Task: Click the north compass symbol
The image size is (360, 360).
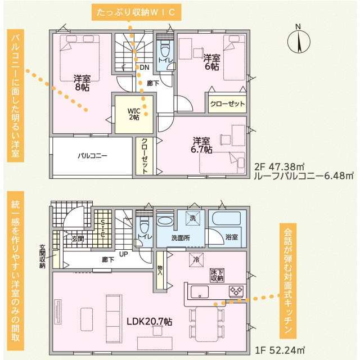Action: [299, 40]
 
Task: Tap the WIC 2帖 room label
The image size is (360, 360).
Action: [134, 114]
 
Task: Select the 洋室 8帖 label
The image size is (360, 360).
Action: [82, 83]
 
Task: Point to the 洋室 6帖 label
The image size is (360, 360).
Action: [211, 62]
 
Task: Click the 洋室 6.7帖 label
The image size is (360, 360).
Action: [201, 145]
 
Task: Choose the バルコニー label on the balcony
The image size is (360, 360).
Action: [92, 156]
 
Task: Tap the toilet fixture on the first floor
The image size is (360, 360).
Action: [144, 224]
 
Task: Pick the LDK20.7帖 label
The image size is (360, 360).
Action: [149, 322]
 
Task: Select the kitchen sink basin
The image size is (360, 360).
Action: [200, 292]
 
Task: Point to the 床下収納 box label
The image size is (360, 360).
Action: [217, 275]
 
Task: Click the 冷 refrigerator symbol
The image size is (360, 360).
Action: [196, 260]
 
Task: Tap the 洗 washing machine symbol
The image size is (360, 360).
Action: [192, 218]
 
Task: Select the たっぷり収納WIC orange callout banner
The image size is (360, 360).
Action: [137, 12]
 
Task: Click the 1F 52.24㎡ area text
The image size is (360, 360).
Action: [280, 350]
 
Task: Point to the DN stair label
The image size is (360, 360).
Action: [145, 67]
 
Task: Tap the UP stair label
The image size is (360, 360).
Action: [124, 254]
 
